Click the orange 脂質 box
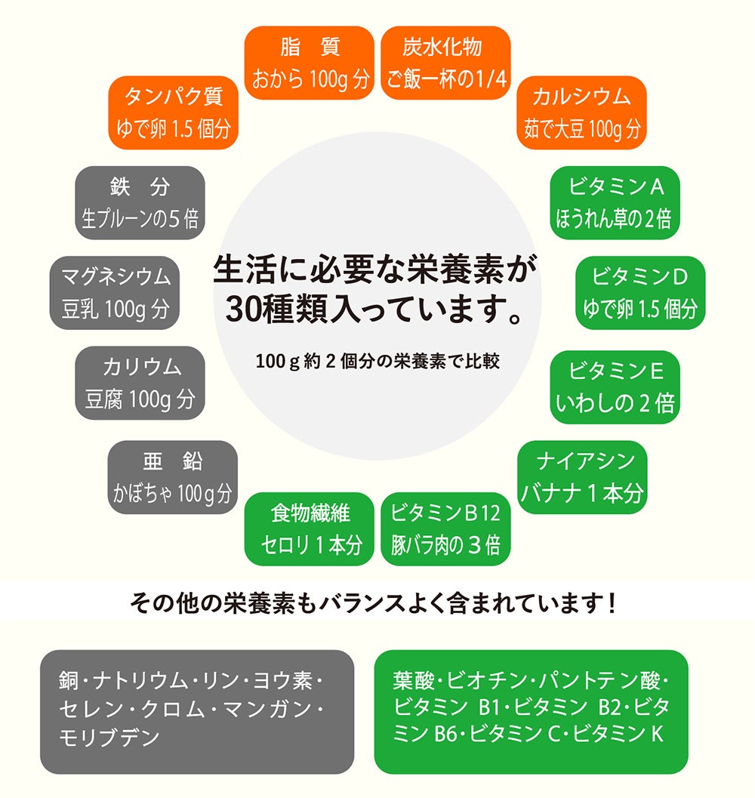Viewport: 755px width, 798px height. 310,63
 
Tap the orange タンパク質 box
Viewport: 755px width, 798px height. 174,112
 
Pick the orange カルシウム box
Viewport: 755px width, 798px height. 581,112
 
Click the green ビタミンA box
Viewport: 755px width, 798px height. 615,202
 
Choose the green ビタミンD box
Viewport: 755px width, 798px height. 640,293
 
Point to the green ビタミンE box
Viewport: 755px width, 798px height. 615,387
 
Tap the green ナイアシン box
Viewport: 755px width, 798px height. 582,477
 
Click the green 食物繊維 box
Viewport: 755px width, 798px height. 310,528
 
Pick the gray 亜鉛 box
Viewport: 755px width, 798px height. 172,477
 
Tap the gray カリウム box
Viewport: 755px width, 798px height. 140,384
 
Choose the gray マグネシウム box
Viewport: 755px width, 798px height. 115,293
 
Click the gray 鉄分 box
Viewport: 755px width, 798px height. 140,202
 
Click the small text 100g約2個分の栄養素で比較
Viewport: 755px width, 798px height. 377,362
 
